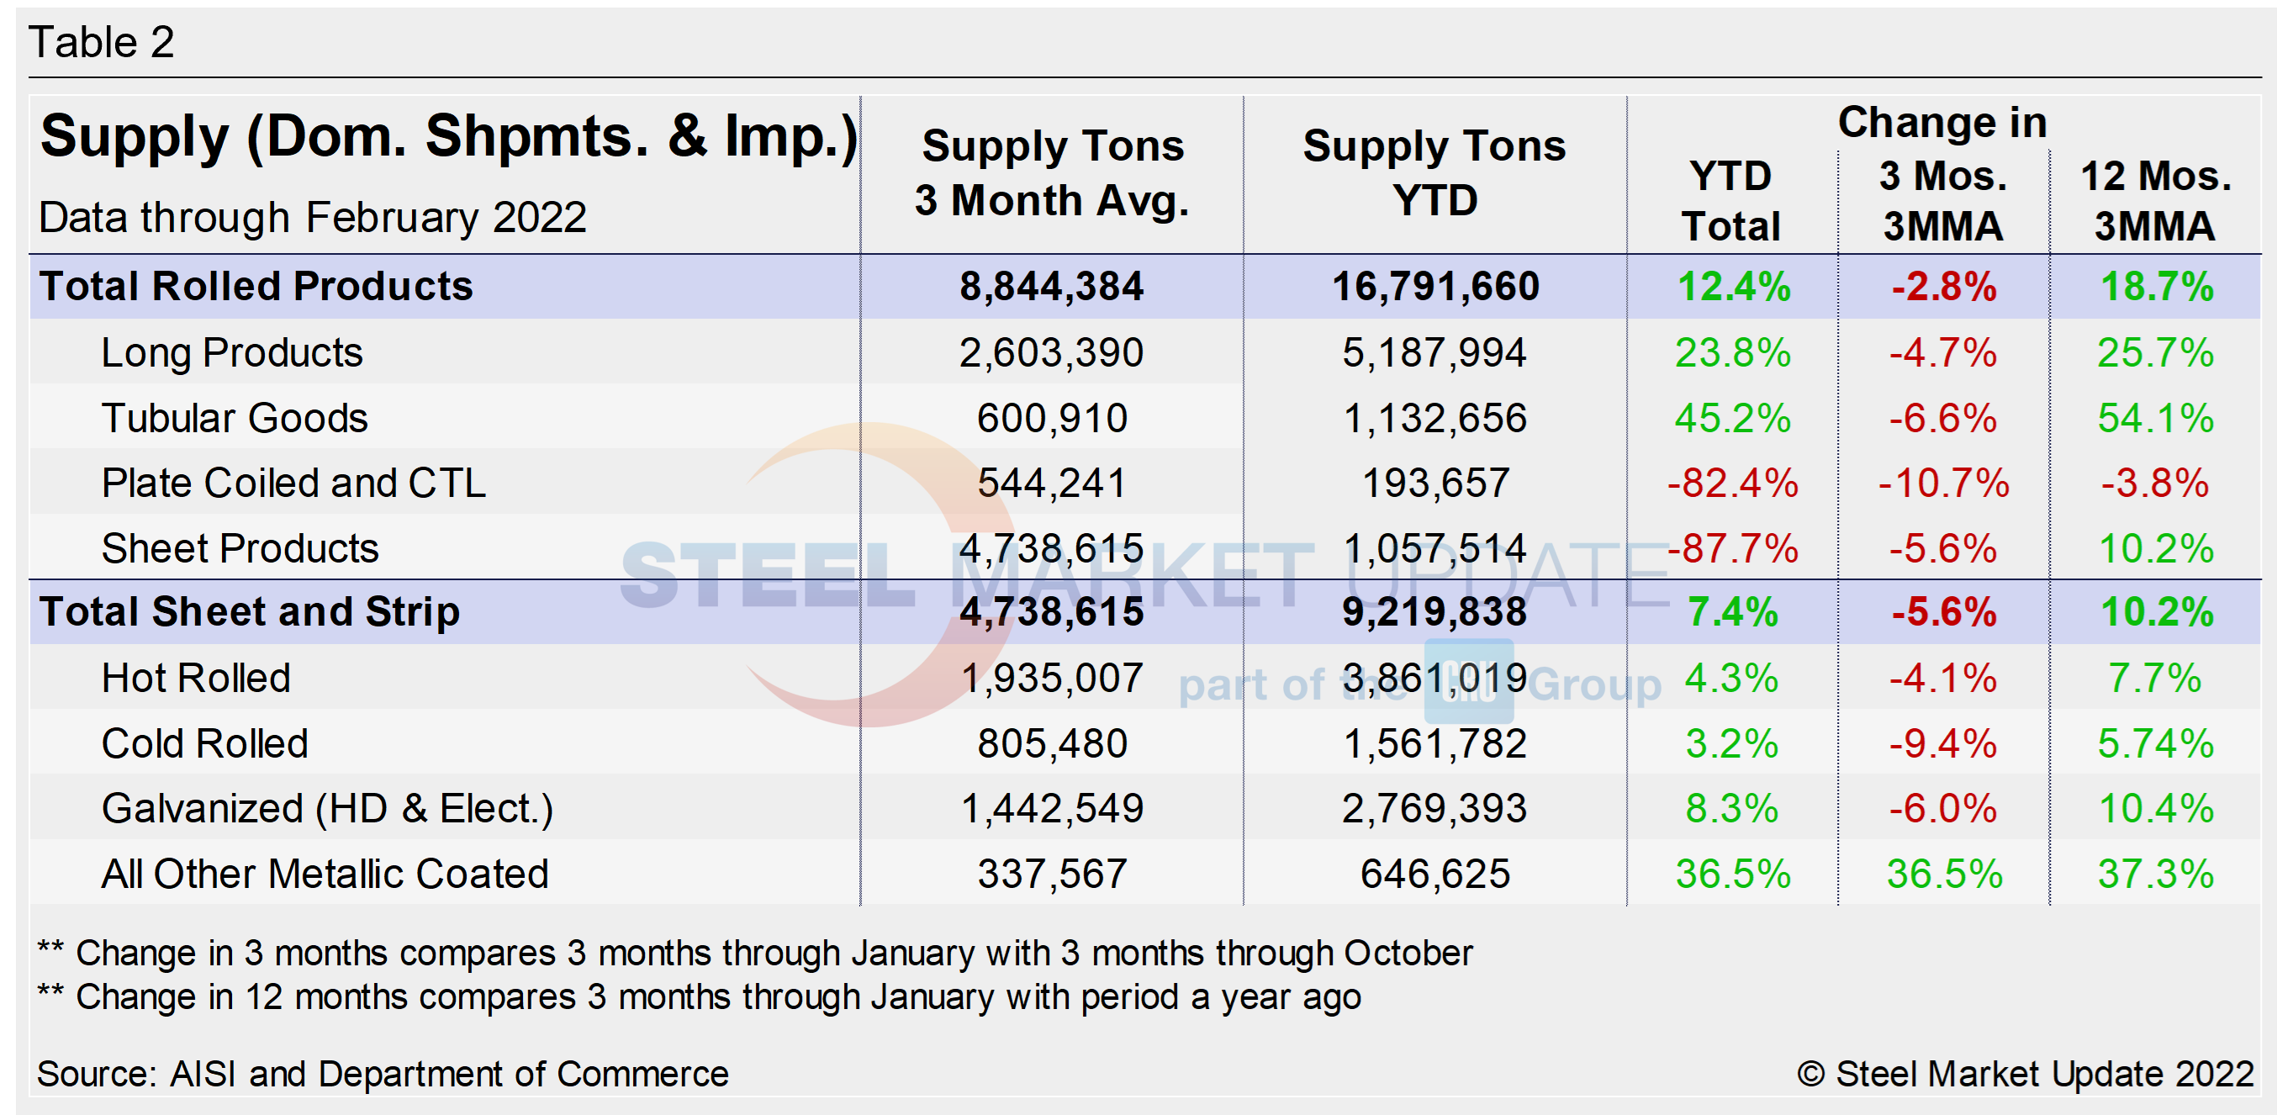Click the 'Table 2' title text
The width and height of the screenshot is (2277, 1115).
(101, 41)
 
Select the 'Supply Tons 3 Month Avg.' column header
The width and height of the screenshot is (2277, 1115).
(1052, 172)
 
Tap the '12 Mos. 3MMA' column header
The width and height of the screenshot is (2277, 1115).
(2155, 201)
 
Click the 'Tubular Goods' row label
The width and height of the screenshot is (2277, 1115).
(235, 417)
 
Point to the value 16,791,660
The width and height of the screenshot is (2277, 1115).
(1434, 287)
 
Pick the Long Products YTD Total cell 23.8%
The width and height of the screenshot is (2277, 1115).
(1731, 353)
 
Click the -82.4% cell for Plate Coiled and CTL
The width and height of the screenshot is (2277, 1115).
(1731, 483)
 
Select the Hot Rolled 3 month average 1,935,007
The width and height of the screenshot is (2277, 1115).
(1052, 679)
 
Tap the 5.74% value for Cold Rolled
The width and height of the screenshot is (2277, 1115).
(2155, 743)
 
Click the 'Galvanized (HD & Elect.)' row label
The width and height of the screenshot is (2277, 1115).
(327, 808)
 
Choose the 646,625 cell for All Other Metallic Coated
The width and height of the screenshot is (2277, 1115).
(1434, 874)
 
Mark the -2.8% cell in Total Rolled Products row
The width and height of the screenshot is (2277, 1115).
(1943, 287)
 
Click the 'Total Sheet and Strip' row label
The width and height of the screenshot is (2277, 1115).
(249, 612)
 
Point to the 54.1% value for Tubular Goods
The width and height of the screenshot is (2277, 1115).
(2155, 417)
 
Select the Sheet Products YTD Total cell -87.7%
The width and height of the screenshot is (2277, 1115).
(1731, 548)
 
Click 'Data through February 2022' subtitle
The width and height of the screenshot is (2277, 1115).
(312, 218)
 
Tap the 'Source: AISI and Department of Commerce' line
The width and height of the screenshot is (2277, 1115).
(382, 1074)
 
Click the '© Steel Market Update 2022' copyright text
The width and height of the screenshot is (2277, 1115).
(2025, 1074)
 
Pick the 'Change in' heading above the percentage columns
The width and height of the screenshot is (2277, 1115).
(1942, 122)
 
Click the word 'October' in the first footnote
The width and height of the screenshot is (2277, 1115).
(1408, 953)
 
